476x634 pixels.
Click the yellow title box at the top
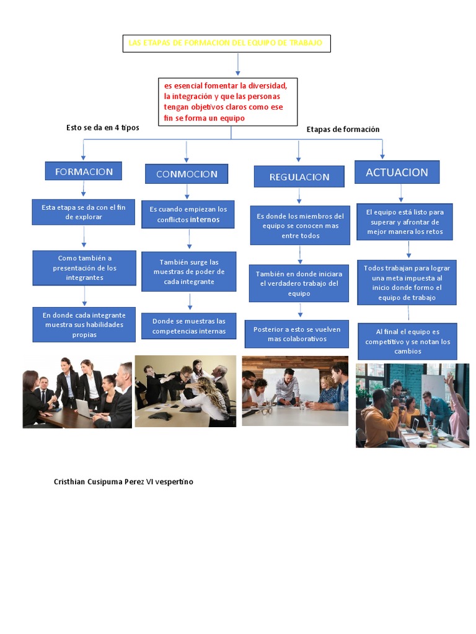226,43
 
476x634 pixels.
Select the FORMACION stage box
84,172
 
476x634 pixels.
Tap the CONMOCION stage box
187,174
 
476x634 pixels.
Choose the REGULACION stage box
299,176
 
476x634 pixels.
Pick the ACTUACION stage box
397,172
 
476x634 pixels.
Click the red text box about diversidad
227,102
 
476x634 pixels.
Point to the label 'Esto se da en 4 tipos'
103,128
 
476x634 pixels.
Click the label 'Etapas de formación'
343,129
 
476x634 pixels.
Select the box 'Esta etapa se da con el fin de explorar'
84,212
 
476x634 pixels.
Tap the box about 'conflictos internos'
188,214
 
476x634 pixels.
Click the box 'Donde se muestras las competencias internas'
189,326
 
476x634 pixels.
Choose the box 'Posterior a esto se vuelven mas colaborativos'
297,334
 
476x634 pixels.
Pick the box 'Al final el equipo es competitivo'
407,341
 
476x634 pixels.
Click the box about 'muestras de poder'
188,271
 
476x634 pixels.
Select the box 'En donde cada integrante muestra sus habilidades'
84,324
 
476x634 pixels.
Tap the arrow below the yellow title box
238,64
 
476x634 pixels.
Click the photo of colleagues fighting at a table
185,391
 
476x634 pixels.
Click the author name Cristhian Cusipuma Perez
123,482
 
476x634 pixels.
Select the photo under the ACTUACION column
412,405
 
